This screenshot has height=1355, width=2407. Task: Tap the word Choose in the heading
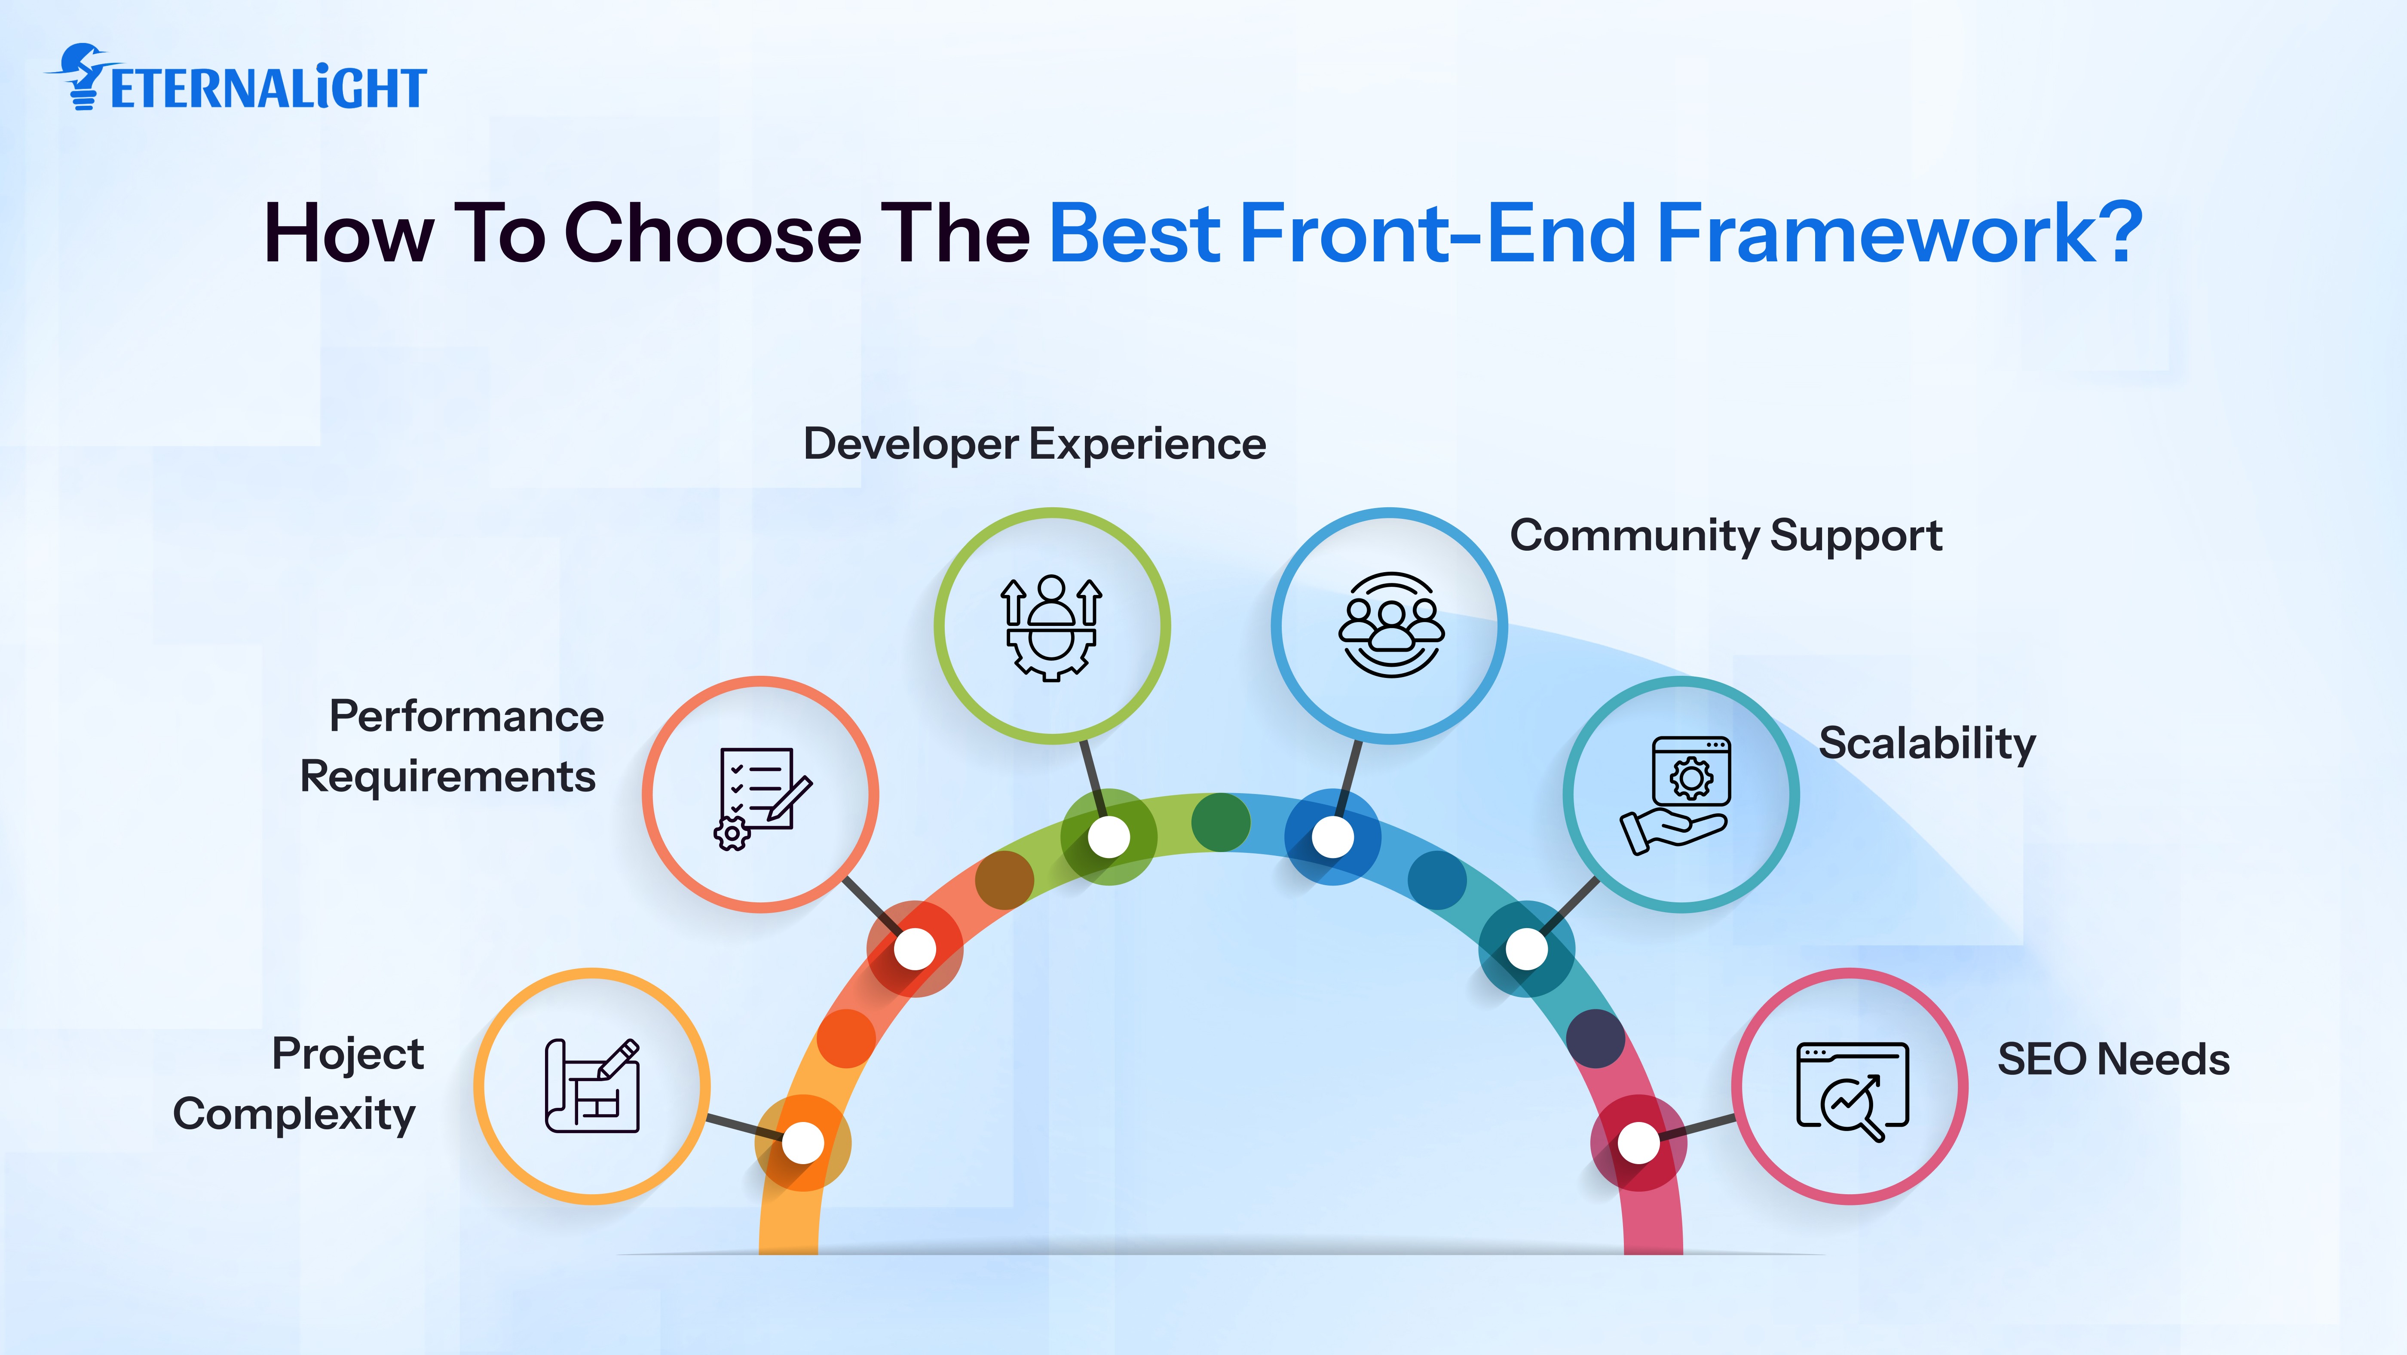pos(712,233)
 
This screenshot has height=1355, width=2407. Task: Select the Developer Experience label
pos(1035,444)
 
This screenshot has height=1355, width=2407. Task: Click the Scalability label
pos(1927,744)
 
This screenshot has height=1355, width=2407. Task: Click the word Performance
pos(466,717)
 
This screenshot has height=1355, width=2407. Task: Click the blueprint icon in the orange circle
pos(592,1086)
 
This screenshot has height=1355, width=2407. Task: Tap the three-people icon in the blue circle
pos(1390,624)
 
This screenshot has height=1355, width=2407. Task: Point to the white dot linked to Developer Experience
pos(1109,837)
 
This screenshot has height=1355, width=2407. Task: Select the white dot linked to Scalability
pos(1526,950)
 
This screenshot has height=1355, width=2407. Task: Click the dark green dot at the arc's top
pos(1220,822)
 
